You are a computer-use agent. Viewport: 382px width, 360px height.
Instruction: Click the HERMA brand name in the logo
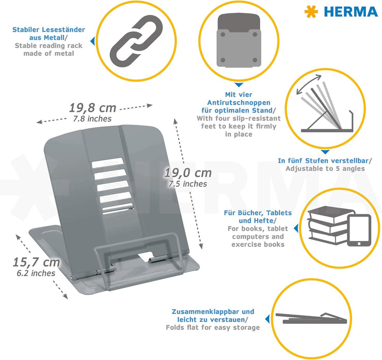[x=351, y=12]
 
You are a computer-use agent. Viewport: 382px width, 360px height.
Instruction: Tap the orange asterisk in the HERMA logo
[x=311, y=12]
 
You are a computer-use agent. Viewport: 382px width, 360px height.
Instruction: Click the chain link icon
[x=136, y=41]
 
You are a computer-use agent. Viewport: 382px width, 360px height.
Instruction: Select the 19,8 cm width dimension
[x=92, y=108]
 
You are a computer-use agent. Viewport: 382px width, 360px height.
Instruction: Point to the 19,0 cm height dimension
[x=188, y=173]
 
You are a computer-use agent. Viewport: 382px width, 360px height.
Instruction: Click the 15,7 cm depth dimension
[x=36, y=262]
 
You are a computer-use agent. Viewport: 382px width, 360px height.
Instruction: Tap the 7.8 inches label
[x=92, y=119]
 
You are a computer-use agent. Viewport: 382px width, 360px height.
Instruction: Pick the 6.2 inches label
[x=36, y=273]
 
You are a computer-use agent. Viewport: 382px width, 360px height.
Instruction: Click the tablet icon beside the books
[x=359, y=230]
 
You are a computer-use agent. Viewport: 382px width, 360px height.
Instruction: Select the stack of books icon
[x=329, y=225]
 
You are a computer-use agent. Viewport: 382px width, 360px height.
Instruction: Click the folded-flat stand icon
[x=311, y=318]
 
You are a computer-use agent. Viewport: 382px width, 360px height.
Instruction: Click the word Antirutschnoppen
[x=238, y=103]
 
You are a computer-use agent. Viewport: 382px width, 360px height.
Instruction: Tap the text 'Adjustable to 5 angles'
[x=325, y=169]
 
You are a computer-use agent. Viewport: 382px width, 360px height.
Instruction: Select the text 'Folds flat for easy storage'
[x=213, y=327]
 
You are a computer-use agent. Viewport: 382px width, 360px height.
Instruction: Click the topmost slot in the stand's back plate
[x=107, y=163]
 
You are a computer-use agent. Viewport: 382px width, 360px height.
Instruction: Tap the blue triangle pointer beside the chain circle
[x=92, y=41]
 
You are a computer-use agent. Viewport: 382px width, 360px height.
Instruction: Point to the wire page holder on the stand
[x=138, y=258]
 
